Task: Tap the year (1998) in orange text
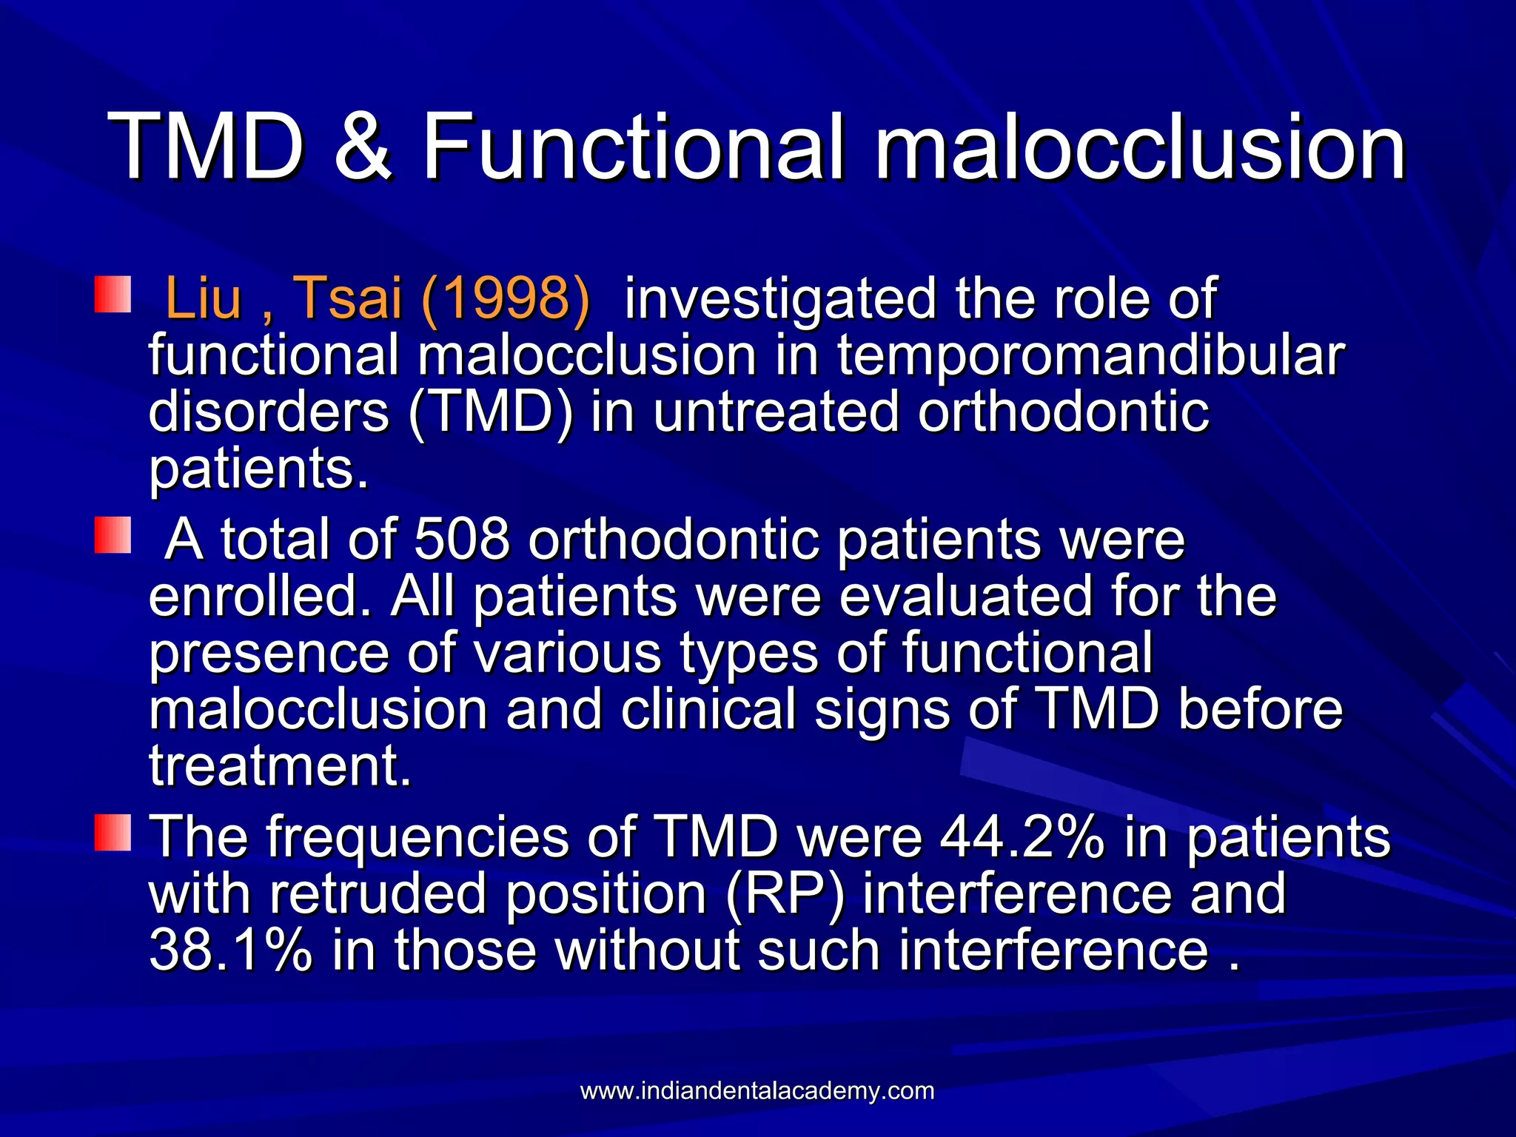[506, 298]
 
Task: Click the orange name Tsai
[348, 298]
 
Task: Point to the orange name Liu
[204, 298]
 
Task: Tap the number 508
[462, 539]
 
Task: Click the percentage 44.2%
[1022, 836]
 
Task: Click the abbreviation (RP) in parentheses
[785, 893]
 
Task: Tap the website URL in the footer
[757, 1090]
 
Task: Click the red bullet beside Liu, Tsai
[113, 295]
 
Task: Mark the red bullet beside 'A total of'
[113, 535]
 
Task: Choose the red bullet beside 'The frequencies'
[113, 832]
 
